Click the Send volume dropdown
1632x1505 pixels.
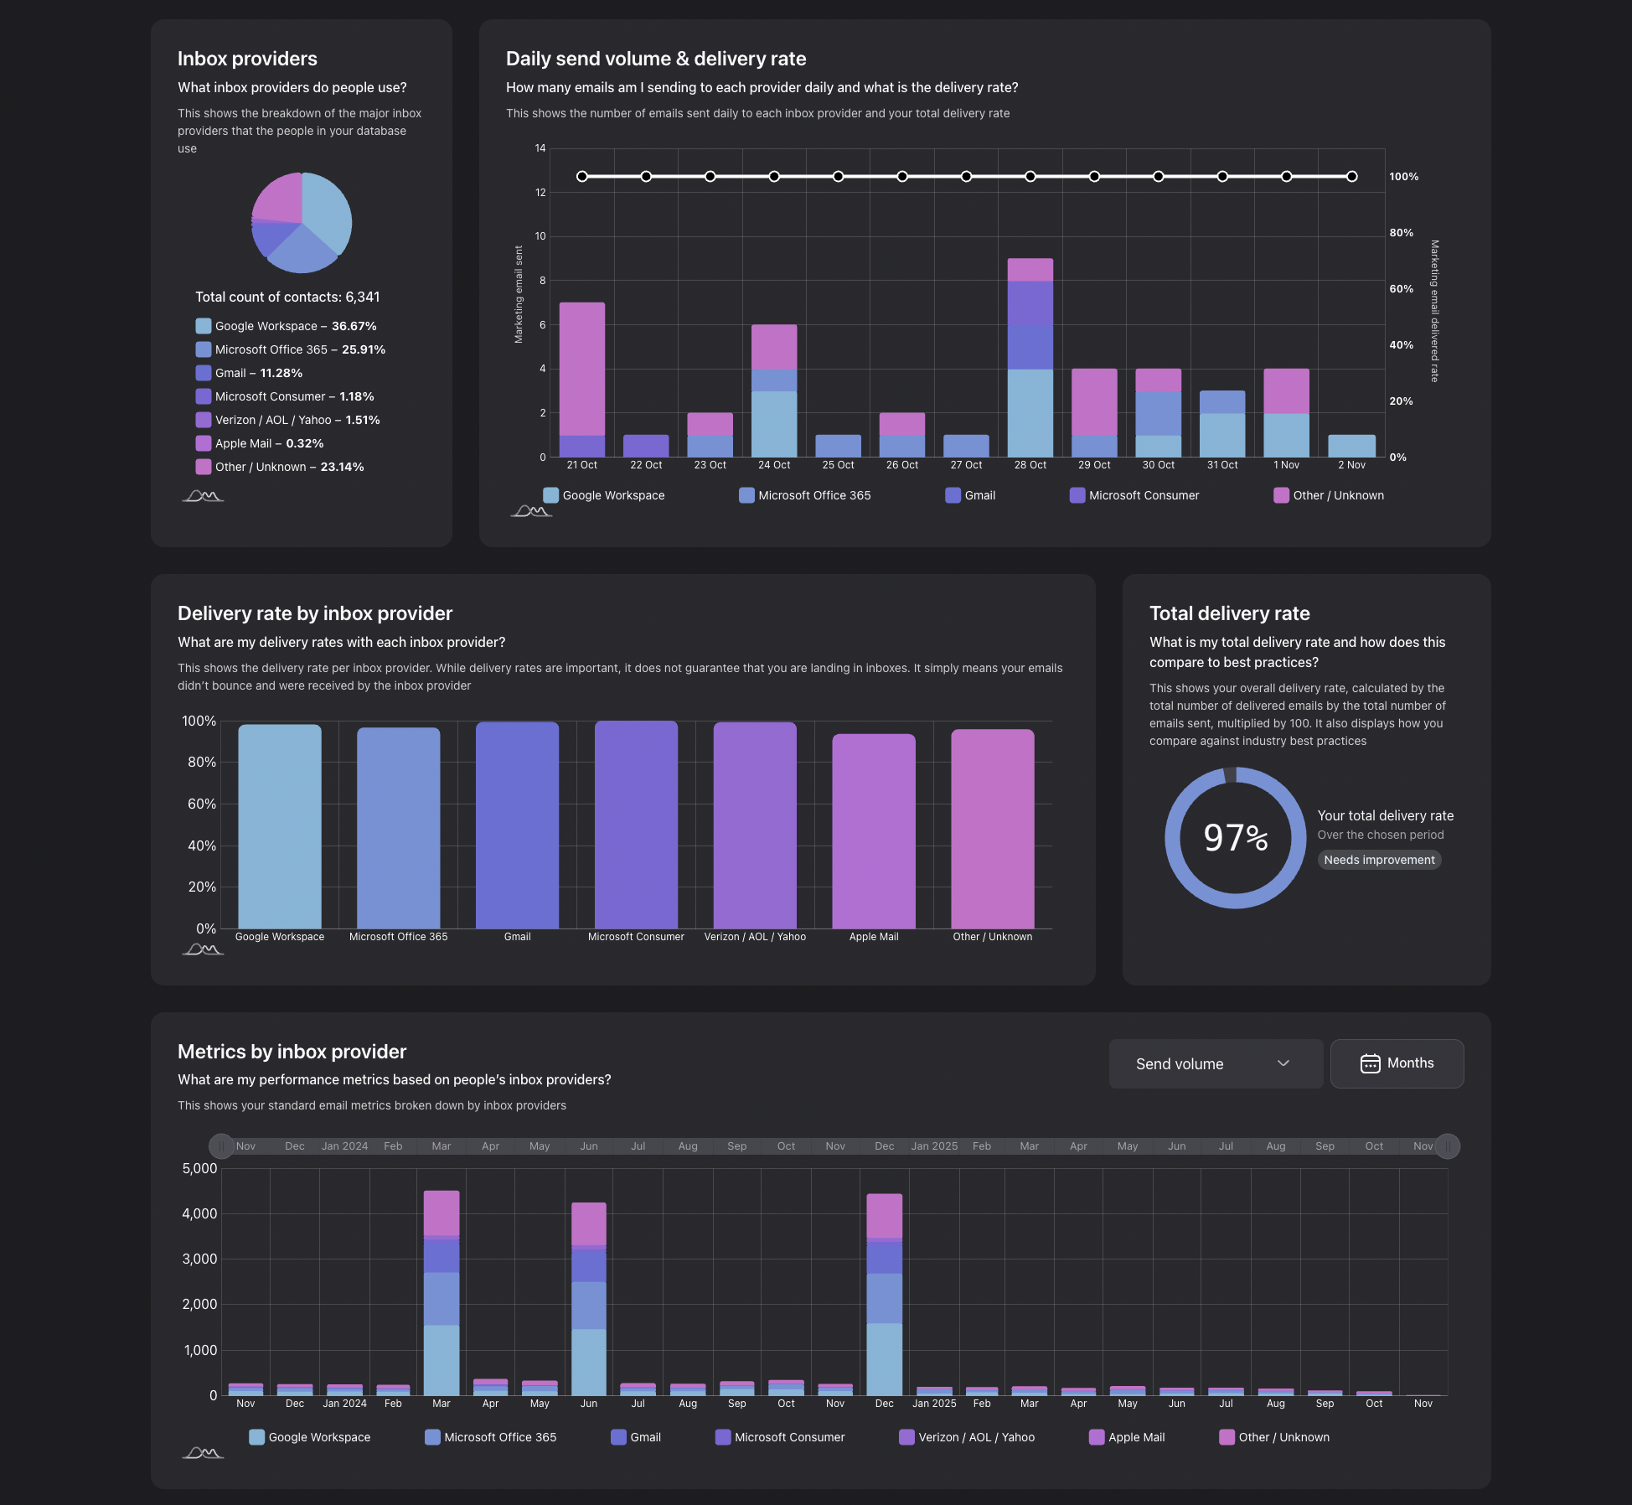coord(1215,1063)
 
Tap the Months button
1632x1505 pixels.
coord(1397,1063)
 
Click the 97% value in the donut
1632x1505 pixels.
coord(1235,837)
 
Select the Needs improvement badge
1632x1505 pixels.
coord(1379,860)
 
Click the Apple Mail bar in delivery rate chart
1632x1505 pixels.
coord(873,830)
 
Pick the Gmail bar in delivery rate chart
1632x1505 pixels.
coord(517,825)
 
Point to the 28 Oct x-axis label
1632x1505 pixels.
coord(1030,465)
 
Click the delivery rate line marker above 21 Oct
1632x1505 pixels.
coord(581,177)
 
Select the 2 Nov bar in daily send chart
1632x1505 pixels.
coord(1351,446)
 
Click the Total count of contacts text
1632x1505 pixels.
coord(287,297)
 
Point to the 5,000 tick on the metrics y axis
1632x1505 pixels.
coord(199,1168)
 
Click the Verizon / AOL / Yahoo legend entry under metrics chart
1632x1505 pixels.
coord(967,1437)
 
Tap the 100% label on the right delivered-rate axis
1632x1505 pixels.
coord(1403,177)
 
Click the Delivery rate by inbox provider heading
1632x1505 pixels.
coord(315,613)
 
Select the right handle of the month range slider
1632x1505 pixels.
coord(1447,1146)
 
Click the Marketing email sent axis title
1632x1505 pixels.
coord(519,294)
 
